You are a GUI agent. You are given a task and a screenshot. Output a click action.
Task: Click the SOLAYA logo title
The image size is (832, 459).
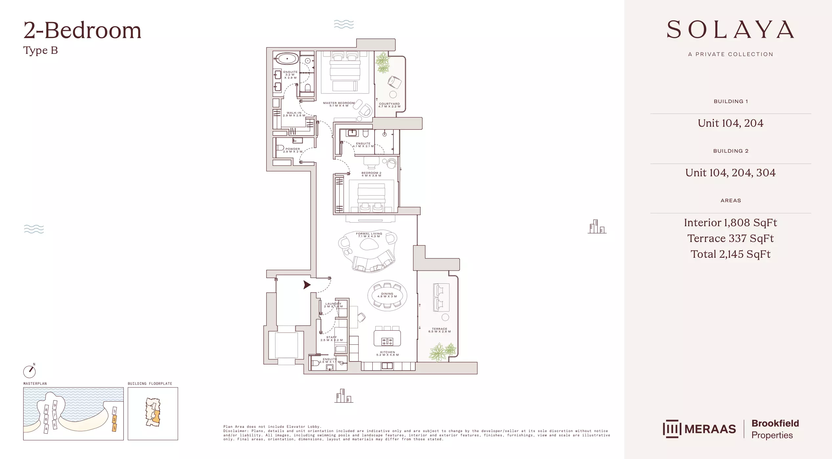click(x=730, y=30)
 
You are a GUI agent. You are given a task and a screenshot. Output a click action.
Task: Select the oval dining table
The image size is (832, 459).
click(x=387, y=295)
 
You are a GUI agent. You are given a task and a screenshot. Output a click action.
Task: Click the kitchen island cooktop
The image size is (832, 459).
click(x=387, y=341)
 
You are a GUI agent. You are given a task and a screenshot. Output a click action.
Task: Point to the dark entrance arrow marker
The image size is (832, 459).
click(x=307, y=285)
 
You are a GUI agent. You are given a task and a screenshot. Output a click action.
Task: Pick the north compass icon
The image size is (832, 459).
click(x=30, y=371)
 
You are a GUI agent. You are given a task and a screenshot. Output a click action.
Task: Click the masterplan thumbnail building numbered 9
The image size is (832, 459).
click(x=55, y=405)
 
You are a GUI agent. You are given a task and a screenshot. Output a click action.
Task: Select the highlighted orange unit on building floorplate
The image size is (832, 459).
click(x=156, y=416)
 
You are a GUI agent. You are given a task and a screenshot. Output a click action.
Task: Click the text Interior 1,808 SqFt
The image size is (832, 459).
click(x=730, y=223)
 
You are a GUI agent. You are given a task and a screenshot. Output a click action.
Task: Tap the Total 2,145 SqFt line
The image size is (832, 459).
click(x=730, y=254)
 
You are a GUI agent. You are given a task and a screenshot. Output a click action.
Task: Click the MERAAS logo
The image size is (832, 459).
click(x=699, y=429)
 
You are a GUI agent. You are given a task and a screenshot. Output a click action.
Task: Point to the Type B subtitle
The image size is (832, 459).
click(x=40, y=51)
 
